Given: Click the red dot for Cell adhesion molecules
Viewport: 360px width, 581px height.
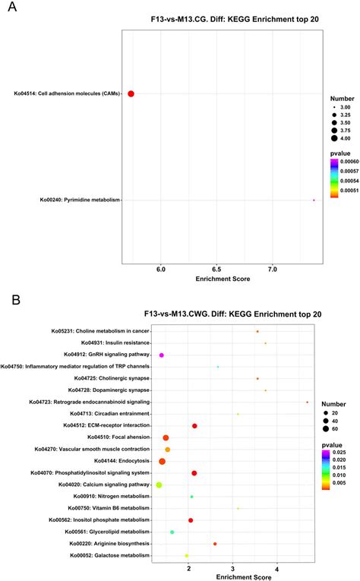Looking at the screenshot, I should (x=131, y=93).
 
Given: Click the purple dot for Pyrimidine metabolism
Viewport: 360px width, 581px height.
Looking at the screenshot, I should (x=314, y=201).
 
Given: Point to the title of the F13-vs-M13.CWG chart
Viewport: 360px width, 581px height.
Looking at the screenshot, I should (x=220, y=313).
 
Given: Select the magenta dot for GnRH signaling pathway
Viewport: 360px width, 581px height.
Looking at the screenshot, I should (x=161, y=355).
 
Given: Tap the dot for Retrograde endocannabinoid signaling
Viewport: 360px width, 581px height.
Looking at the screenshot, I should (x=307, y=402).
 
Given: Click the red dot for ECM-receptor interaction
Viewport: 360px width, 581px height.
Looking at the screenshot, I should (x=194, y=426).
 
